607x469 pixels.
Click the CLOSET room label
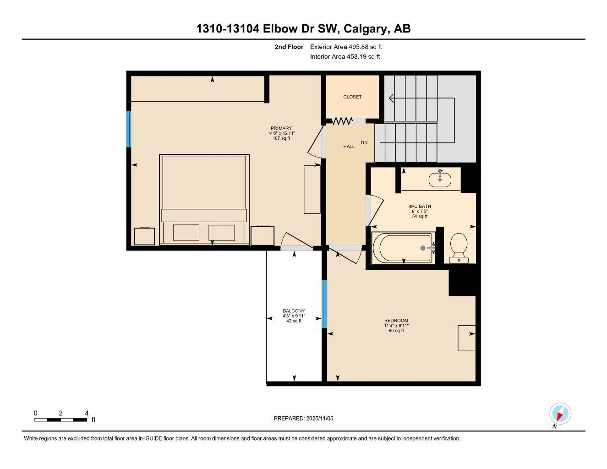pos(352,97)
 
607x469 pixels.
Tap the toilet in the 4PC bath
pos(459,248)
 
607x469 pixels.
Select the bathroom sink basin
pos(440,179)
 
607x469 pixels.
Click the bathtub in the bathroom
pos(402,248)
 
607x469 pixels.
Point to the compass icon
pos(560,414)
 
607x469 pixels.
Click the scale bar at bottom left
pos(60,420)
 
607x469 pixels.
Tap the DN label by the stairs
pos(364,143)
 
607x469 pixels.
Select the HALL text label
pos(349,147)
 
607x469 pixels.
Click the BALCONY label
pos(294,311)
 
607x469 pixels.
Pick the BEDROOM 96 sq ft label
pos(396,326)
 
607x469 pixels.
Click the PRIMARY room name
pos(281,128)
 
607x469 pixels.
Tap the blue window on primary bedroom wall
pos(129,129)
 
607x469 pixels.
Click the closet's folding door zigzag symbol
pos(342,121)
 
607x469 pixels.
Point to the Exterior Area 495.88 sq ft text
pos(346,47)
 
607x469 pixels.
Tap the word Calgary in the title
pos(366,29)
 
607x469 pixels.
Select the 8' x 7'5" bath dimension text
pos(420,211)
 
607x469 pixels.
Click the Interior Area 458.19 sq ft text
pos(345,57)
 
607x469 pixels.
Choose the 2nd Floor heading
pos(289,47)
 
